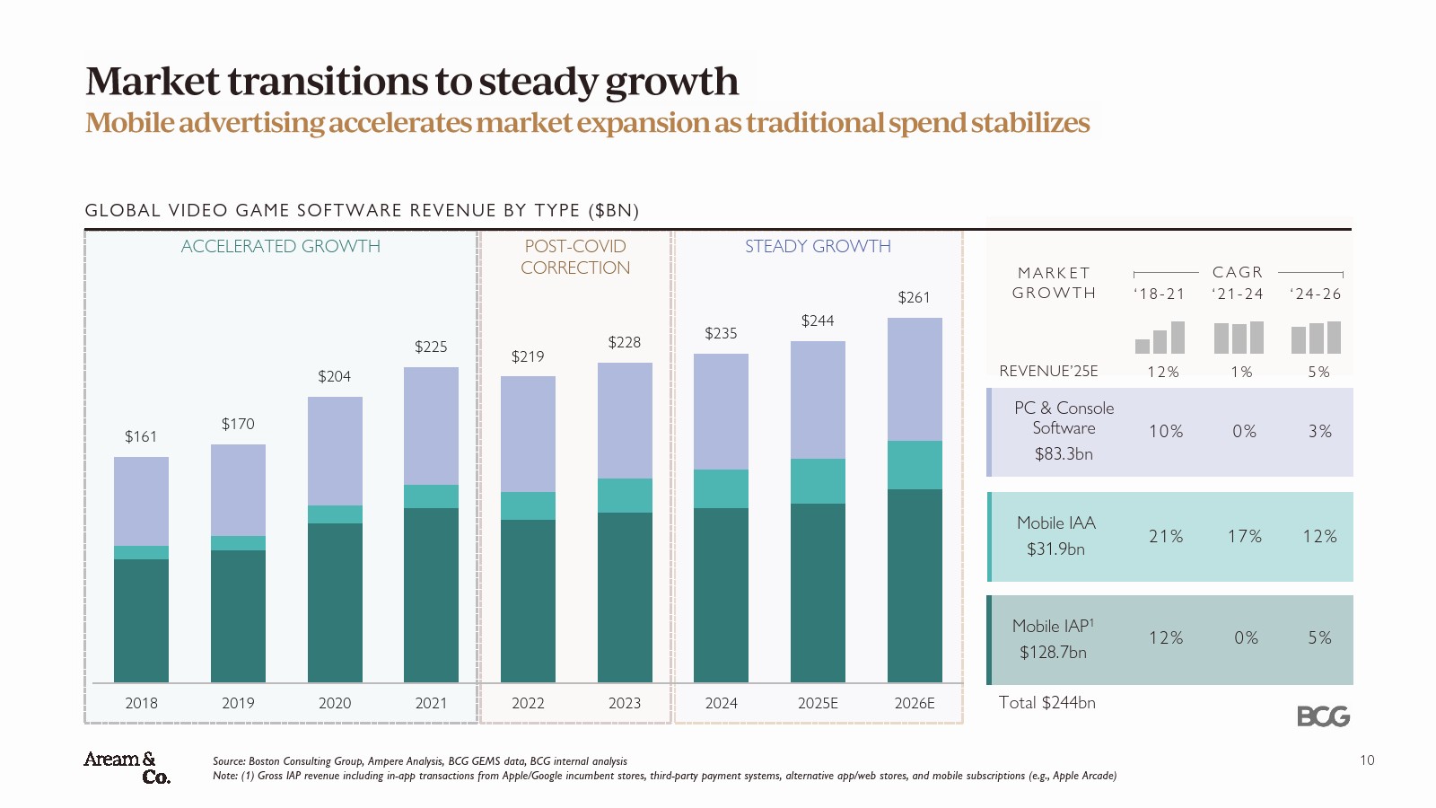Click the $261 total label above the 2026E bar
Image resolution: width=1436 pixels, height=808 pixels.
(x=914, y=297)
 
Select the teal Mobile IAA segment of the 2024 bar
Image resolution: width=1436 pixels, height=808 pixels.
(x=721, y=488)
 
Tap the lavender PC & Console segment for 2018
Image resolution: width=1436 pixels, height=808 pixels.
(x=141, y=501)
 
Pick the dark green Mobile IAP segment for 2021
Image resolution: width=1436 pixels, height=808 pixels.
(x=431, y=594)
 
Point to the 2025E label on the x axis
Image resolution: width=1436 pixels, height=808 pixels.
(x=818, y=703)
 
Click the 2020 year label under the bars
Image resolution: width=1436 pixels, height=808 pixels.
(x=335, y=703)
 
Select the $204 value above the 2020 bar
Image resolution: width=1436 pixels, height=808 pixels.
(x=334, y=376)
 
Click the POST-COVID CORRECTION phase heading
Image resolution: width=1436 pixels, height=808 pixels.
(x=575, y=257)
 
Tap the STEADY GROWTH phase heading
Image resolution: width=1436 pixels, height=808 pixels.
(x=818, y=246)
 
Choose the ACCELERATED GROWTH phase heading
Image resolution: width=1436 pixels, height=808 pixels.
(x=280, y=246)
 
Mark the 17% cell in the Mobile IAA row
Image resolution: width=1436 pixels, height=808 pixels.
(x=1244, y=536)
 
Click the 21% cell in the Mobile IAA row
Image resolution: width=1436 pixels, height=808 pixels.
(x=1166, y=536)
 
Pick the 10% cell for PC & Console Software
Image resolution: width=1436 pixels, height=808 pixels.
(x=1166, y=432)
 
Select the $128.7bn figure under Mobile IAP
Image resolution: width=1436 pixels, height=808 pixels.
(x=1053, y=653)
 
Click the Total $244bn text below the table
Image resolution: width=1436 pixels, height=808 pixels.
(x=1046, y=703)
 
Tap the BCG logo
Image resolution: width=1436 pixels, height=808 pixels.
(x=1323, y=716)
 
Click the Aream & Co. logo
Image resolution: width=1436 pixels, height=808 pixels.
(x=127, y=768)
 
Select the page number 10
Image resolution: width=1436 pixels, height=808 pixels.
(x=1367, y=760)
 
